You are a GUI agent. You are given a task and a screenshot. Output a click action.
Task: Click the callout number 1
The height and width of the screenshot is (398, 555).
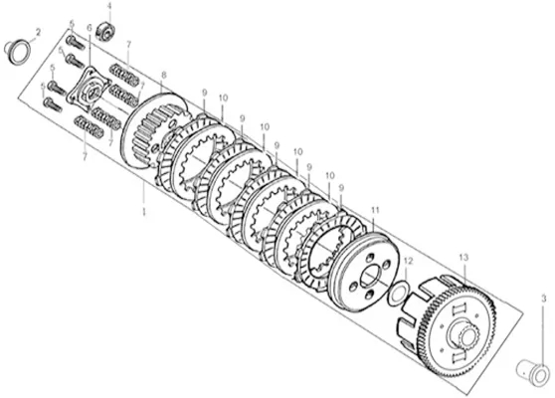tap(143, 212)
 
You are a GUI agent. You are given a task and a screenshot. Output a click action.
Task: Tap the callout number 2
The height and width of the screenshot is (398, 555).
tap(38, 33)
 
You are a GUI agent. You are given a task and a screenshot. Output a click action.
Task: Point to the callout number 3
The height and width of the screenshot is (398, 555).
tap(544, 299)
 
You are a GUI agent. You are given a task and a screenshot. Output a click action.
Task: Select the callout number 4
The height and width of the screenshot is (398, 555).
tap(109, 6)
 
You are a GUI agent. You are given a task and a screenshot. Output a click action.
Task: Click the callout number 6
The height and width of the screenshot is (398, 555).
tap(90, 28)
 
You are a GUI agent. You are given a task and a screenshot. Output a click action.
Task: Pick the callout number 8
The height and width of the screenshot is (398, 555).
tap(163, 75)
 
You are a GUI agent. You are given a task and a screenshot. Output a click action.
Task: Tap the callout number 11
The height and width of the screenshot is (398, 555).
tap(375, 210)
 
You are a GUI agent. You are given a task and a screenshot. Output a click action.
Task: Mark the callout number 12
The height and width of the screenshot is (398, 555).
tap(408, 261)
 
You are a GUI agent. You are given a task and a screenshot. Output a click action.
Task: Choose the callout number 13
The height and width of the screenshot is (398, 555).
tap(463, 257)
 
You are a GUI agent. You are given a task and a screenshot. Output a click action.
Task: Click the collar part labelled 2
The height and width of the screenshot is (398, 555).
tap(17, 53)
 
